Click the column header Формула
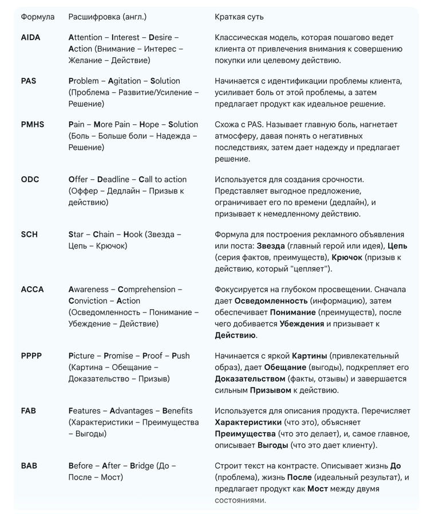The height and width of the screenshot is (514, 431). pyautogui.click(x=38, y=17)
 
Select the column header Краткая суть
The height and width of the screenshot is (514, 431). pyautogui.click(x=239, y=17)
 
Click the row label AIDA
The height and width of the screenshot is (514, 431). pyautogui.click(x=30, y=37)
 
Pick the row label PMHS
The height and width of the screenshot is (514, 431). pyautogui.click(x=32, y=124)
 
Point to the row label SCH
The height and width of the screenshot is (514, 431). pyautogui.click(x=29, y=234)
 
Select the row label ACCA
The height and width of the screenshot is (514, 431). pyautogui.click(x=32, y=289)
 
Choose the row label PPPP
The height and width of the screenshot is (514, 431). pyautogui.click(x=31, y=355)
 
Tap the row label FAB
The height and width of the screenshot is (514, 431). pyautogui.click(x=29, y=410)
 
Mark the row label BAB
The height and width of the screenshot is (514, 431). pyautogui.click(x=29, y=465)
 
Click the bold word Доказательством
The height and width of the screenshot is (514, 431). pyautogui.click(x=250, y=378)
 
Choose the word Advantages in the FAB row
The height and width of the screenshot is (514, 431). pyautogui.click(x=132, y=410)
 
